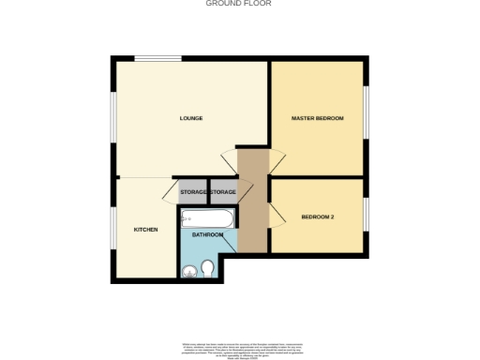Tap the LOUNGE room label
191,118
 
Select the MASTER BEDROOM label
317,118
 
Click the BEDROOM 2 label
317,217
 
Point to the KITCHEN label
145,230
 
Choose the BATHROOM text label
207,235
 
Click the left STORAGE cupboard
193,192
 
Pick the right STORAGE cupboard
222,192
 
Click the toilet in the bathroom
208,270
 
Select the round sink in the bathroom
189,272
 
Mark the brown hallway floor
252,202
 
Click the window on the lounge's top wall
157,59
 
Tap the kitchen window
113,230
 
